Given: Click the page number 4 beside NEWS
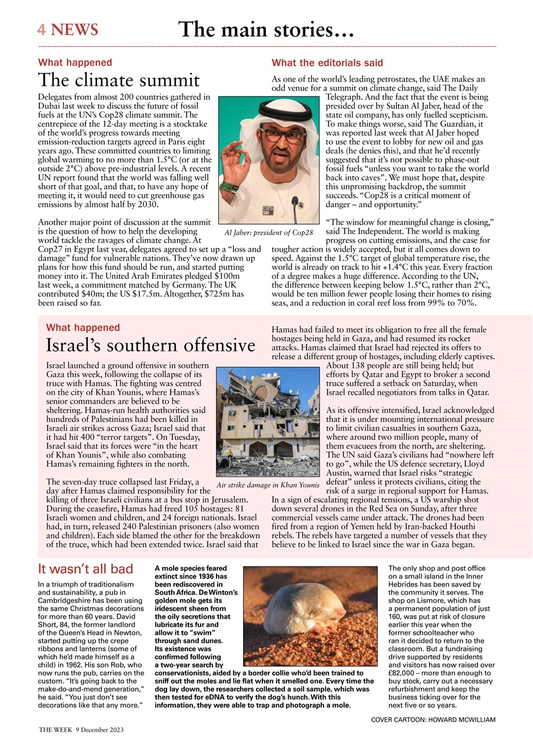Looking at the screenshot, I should coord(41,29).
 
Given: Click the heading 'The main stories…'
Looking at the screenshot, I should coord(266,29).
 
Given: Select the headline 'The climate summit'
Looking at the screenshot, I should coord(119,79).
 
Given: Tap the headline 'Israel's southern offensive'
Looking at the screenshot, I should coord(151,345).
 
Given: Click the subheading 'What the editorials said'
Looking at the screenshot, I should coord(327,62).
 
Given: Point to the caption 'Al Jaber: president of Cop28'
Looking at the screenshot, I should coord(268,233).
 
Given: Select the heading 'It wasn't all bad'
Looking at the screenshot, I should coord(85,569).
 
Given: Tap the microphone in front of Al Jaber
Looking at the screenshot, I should coord(295,206).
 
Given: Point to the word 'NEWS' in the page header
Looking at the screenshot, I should coord(75,29).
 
